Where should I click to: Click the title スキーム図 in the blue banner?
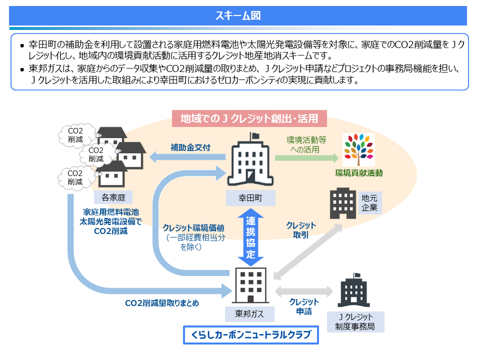238,15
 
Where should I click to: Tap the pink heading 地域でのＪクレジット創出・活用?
249,118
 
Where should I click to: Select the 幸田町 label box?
250,198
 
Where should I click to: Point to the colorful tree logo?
358,149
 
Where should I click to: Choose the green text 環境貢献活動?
359,173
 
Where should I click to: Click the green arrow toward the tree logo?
306,157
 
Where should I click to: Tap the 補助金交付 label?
190,147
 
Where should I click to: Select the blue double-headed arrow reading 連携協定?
250,237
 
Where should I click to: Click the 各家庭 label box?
113,197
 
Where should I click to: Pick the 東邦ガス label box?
249,314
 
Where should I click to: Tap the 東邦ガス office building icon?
250,285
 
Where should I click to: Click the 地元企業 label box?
369,203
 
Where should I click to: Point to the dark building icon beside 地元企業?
343,203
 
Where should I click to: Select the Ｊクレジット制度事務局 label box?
355,321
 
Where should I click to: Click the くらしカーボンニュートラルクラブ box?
250,335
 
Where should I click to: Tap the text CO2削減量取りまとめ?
162,303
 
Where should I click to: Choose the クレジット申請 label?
304,306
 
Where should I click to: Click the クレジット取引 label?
301,230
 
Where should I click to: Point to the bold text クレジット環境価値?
193,228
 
